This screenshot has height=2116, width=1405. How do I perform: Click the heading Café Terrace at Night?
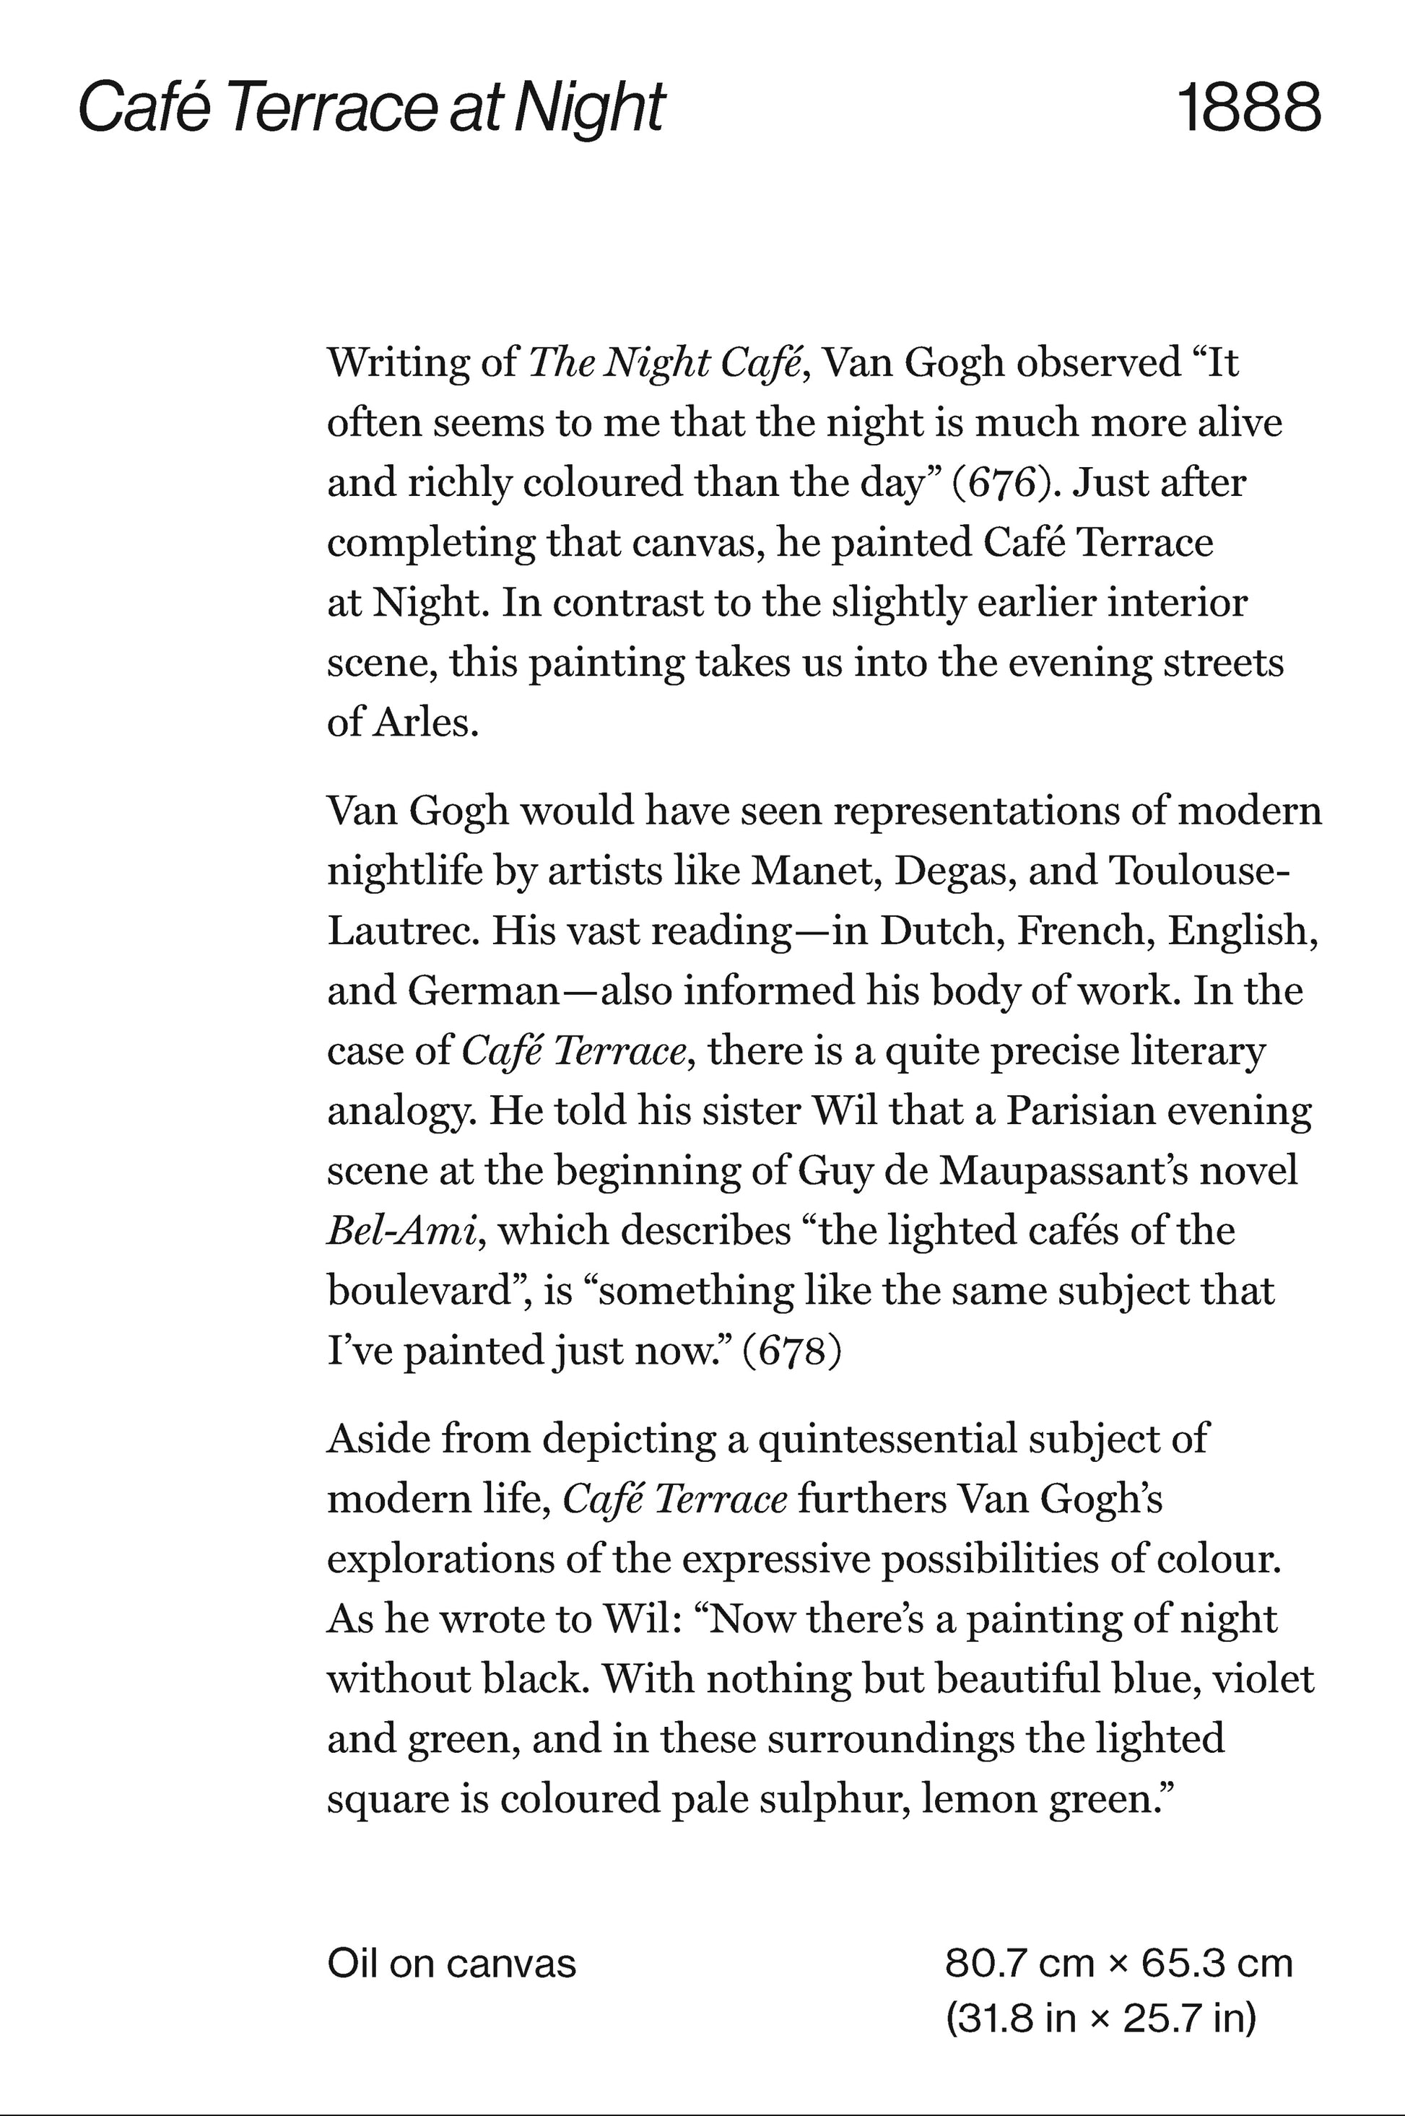tap(372, 108)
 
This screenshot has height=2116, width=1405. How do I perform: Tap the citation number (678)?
tap(792, 1351)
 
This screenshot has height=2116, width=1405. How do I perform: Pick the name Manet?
tap(814, 871)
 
